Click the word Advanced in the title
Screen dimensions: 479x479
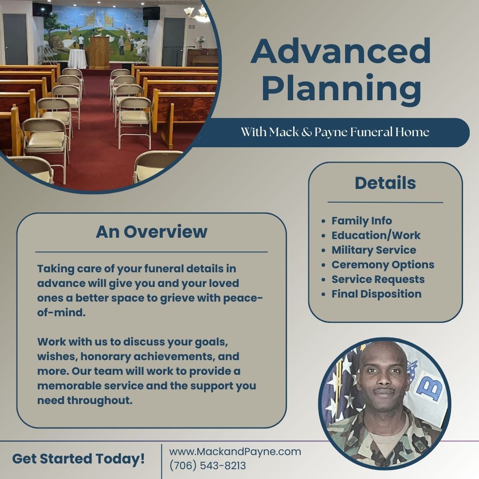(x=341, y=51)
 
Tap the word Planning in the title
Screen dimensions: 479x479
(x=341, y=88)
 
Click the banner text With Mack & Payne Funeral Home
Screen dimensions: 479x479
(x=335, y=132)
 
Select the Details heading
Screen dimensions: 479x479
(x=385, y=183)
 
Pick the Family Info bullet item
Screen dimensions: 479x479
(x=361, y=221)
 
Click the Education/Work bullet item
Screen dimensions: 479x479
(x=376, y=236)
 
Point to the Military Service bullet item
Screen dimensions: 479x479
(x=373, y=250)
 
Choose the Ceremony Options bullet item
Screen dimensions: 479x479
(x=383, y=265)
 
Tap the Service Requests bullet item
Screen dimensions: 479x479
(x=378, y=279)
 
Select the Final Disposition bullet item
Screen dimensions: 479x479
(x=376, y=294)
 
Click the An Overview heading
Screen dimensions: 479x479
(x=151, y=232)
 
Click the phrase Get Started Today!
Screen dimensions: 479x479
(x=79, y=459)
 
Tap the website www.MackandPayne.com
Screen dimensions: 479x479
(x=235, y=452)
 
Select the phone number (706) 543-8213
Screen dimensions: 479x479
(x=208, y=466)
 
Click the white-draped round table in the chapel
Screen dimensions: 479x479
(x=77, y=58)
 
